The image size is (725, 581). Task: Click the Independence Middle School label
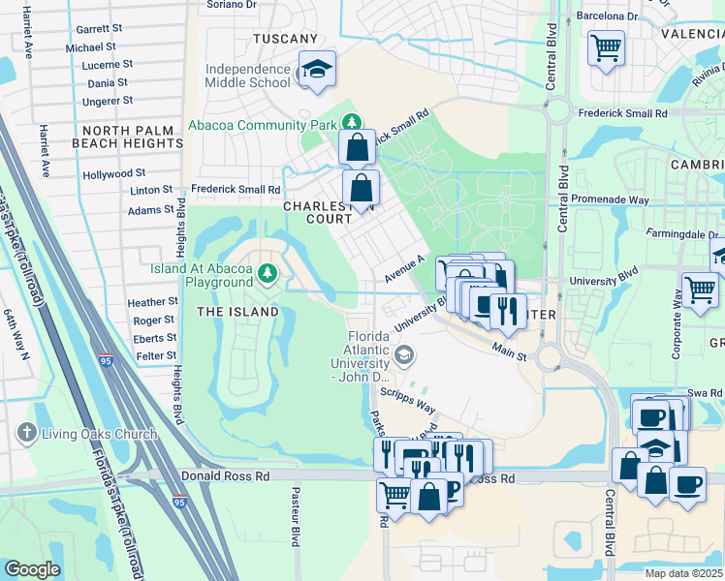[247, 76]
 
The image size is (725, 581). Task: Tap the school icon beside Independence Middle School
[317, 69]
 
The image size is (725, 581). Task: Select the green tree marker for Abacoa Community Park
[353, 123]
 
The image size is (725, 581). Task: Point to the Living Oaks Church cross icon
[28, 433]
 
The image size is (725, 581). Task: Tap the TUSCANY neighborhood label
[285, 39]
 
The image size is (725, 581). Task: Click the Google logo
[32, 569]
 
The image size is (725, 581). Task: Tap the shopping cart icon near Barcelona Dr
[606, 46]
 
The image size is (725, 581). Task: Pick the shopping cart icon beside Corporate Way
[700, 288]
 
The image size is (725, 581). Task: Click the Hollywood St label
[113, 174]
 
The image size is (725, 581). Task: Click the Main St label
[508, 351]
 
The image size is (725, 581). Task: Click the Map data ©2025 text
[683, 573]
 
